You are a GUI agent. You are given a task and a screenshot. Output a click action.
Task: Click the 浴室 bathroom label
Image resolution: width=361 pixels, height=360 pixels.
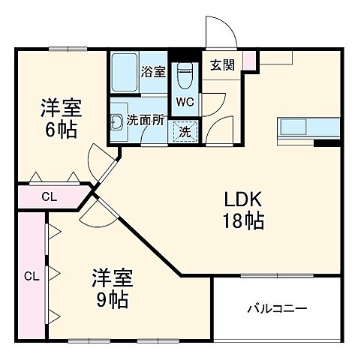pos(153,73)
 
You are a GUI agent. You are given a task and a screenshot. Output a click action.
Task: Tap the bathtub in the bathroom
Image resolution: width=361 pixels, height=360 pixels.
pos(124,73)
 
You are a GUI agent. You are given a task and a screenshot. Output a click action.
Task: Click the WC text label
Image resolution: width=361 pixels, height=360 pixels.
pos(185,101)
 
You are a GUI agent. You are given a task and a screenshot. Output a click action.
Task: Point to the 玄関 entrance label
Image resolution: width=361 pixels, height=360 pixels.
pos(222,65)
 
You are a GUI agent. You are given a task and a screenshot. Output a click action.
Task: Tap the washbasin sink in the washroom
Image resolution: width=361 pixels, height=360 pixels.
pos(117,123)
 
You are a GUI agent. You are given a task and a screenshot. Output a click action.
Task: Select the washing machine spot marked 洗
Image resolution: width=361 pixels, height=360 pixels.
pos(184,131)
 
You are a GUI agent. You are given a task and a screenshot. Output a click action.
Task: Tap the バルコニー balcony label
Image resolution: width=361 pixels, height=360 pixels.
pos(277,308)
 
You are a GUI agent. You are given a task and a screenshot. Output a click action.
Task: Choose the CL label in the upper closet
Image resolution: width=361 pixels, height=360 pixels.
pos(48,198)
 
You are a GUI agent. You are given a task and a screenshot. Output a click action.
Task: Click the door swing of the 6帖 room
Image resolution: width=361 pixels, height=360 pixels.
pos(101,160)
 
